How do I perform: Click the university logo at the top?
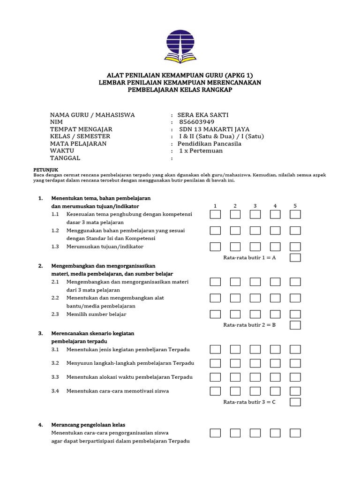pos(180,46)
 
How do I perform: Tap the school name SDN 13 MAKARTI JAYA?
pos(214,129)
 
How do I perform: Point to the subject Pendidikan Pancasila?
pos(209,143)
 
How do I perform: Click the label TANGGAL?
pos(66,158)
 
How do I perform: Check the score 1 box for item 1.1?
pos(215,215)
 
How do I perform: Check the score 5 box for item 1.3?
pos(295,247)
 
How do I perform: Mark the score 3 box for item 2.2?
pos(255,298)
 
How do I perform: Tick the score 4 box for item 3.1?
pos(275,349)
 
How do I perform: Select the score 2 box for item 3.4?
pos(235,391)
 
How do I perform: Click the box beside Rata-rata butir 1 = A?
pos(295,257)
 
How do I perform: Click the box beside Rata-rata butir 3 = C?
pos(295,402)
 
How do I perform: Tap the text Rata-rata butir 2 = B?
pos(249,325)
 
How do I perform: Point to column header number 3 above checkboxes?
pos(255,206)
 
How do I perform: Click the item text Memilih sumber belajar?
pos(96,314)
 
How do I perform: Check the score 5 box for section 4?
pos(295,433)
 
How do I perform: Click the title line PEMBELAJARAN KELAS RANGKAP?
pos(180,90)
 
